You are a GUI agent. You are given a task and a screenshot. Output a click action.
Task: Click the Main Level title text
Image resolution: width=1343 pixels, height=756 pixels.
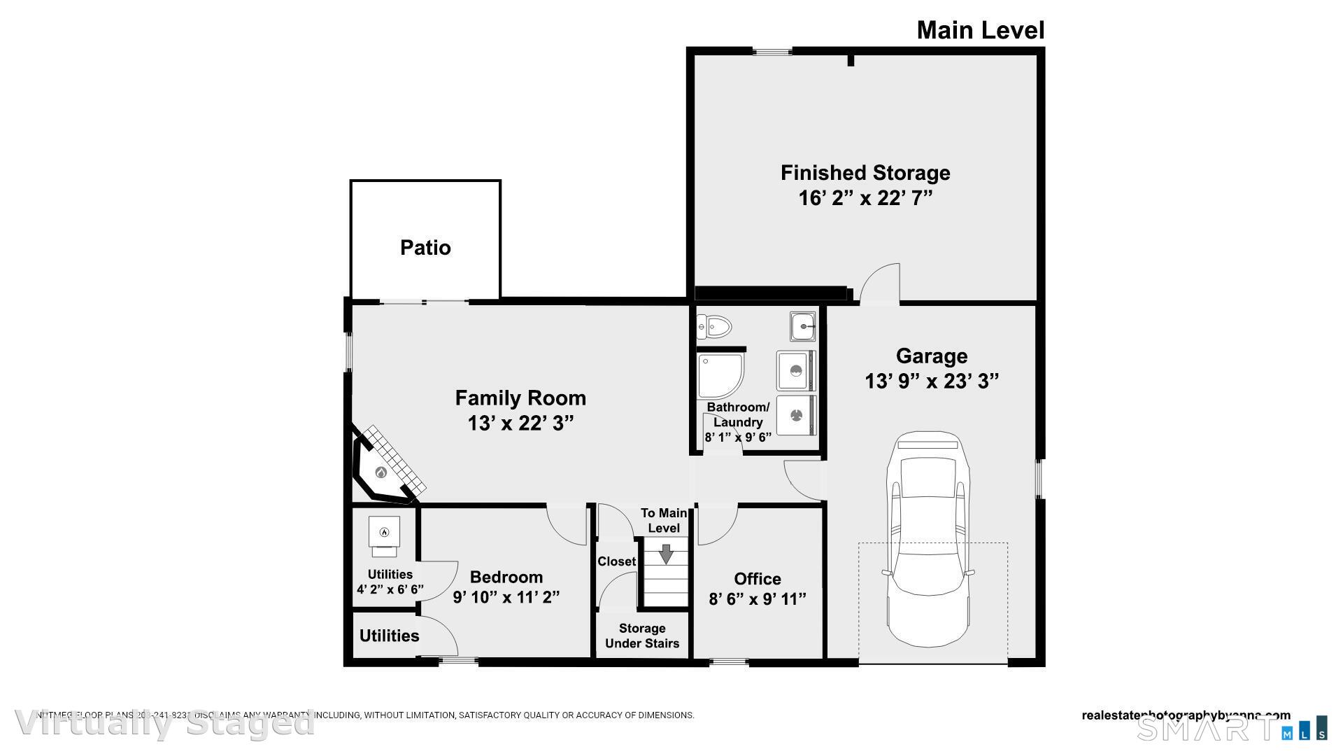pos(980,30)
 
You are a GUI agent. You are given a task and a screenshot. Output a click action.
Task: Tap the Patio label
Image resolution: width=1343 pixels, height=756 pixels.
pos(425,248)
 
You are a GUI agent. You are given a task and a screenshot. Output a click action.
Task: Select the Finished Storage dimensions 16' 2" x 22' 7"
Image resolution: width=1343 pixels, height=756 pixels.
pos(865,198)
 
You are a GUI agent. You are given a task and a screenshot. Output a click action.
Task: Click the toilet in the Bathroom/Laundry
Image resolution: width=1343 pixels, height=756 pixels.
pos(715,326)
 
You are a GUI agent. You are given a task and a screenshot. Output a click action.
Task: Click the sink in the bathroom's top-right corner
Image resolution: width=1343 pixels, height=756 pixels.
pos(803,325)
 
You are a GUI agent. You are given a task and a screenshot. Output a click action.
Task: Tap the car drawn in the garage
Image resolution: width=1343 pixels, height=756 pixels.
pos(929,539)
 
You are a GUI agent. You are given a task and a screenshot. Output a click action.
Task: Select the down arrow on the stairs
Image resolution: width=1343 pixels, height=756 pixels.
pos(666,554)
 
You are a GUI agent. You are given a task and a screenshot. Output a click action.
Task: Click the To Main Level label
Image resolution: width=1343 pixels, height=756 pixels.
pos(663,521)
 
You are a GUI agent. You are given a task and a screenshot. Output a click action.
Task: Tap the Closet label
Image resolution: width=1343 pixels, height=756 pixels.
pos(616,561)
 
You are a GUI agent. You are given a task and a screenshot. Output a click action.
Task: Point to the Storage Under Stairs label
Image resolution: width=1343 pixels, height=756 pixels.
pos(642,636)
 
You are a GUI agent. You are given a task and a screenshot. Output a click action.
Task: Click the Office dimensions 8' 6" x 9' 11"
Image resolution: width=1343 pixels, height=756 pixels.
pos(758,599)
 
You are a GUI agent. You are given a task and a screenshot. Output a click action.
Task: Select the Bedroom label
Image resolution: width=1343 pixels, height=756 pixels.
pos(506,577)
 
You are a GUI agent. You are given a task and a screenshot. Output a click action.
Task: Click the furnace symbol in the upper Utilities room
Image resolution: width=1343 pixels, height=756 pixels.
pos(384,533)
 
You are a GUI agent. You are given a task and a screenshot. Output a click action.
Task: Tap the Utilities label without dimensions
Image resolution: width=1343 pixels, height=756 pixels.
pos(389,636)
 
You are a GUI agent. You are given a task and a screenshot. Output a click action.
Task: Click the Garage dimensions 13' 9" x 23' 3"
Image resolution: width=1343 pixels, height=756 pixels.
pos(932,381)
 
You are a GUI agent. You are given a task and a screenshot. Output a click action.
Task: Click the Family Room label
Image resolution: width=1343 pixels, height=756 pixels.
pos(520,398)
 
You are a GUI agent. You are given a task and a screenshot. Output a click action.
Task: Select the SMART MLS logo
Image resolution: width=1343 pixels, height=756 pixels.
pos(1231,728)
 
